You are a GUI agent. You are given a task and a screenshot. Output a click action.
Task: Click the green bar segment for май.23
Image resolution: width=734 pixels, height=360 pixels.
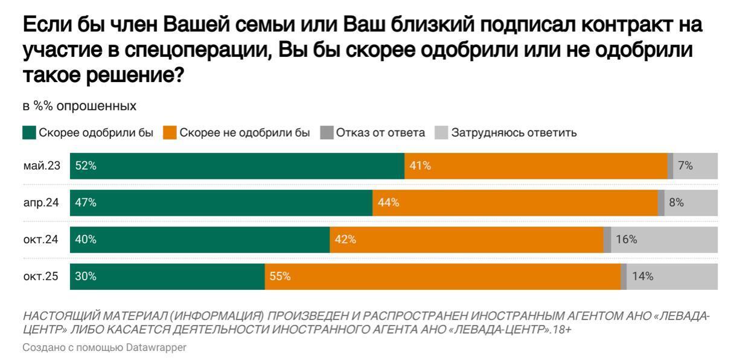pos(237,166)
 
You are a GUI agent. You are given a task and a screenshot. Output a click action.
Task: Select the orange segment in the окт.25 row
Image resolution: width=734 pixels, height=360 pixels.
pos(442,277)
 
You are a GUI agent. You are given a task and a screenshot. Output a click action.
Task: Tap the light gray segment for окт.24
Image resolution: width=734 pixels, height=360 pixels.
pos(664,240)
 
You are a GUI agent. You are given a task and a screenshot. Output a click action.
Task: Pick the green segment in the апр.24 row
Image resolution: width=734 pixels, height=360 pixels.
pos(221,203)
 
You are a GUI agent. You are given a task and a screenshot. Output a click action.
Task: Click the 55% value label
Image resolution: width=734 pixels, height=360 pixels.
pos(280,277)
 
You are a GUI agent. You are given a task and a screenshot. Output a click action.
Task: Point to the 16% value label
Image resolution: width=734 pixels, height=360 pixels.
pos(627,240)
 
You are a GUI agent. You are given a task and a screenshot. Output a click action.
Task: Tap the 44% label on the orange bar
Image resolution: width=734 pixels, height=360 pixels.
pos(389,203)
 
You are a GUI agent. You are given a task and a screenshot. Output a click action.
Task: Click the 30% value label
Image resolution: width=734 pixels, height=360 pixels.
pos(86,277)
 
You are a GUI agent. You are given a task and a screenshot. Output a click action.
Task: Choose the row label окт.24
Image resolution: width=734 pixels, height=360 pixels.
pos(41,240)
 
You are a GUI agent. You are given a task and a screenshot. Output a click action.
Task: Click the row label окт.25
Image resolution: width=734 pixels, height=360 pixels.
pos(41,277)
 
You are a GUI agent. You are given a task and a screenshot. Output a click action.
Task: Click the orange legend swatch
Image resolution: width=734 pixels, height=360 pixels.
pos(170,133)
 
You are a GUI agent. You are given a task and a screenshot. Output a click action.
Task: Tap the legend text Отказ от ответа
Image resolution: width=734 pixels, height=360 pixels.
pos(380,133)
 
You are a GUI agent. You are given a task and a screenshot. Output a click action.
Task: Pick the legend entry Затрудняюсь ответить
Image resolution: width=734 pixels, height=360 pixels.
pos(514,133)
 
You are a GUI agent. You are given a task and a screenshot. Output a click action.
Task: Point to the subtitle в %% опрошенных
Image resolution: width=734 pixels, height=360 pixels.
pos(79,106)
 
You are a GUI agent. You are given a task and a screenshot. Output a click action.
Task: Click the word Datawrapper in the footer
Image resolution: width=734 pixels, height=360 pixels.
pos(157,348)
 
